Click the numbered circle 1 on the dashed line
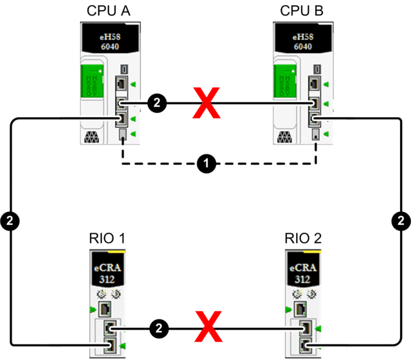pyautogui.click(x=206, y=164)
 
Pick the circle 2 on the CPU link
pyautogui.click(x=156, y=102)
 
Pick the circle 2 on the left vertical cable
pyautogui.click(x=10, y=221)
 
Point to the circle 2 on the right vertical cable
pyautogui.click(x=401, y=221)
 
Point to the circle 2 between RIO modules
pyautogui.click(x=157, y=328)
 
